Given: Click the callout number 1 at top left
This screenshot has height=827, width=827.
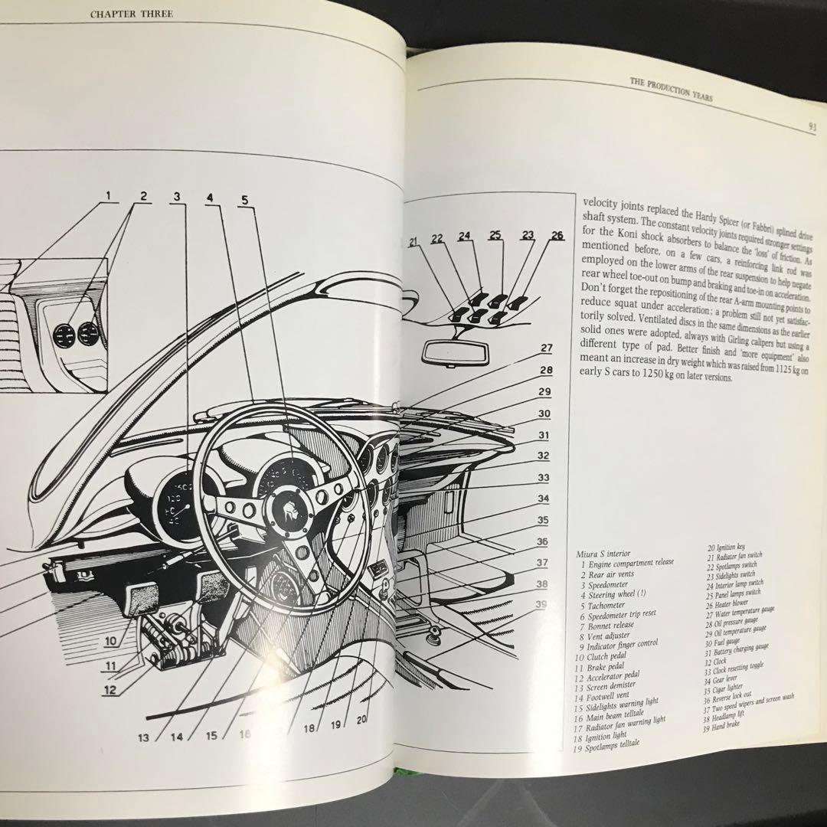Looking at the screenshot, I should point(109,196).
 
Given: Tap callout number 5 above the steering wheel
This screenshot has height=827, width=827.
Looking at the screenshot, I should point(244,201).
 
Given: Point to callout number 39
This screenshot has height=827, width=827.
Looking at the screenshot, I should point(542,605).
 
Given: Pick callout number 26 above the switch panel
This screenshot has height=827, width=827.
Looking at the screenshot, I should point(556,236).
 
